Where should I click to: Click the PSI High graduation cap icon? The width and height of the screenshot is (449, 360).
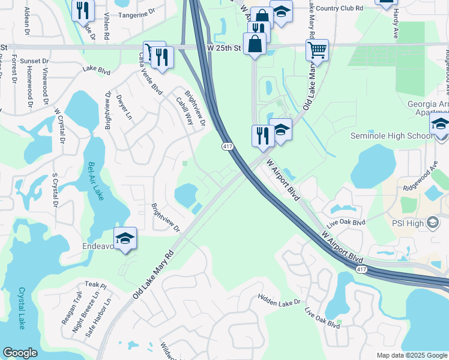click(x=432, y=223)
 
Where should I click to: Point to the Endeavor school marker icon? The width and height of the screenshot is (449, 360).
click(x=125, y=238)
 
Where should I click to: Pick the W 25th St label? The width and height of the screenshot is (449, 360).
click(x=224, y=47)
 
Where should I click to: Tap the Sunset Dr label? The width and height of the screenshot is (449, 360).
click(x=34, y=61)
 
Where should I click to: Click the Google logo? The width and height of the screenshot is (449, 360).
click(x=20, y=353)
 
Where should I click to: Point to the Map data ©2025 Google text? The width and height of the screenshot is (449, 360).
click(x=411, y=355)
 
